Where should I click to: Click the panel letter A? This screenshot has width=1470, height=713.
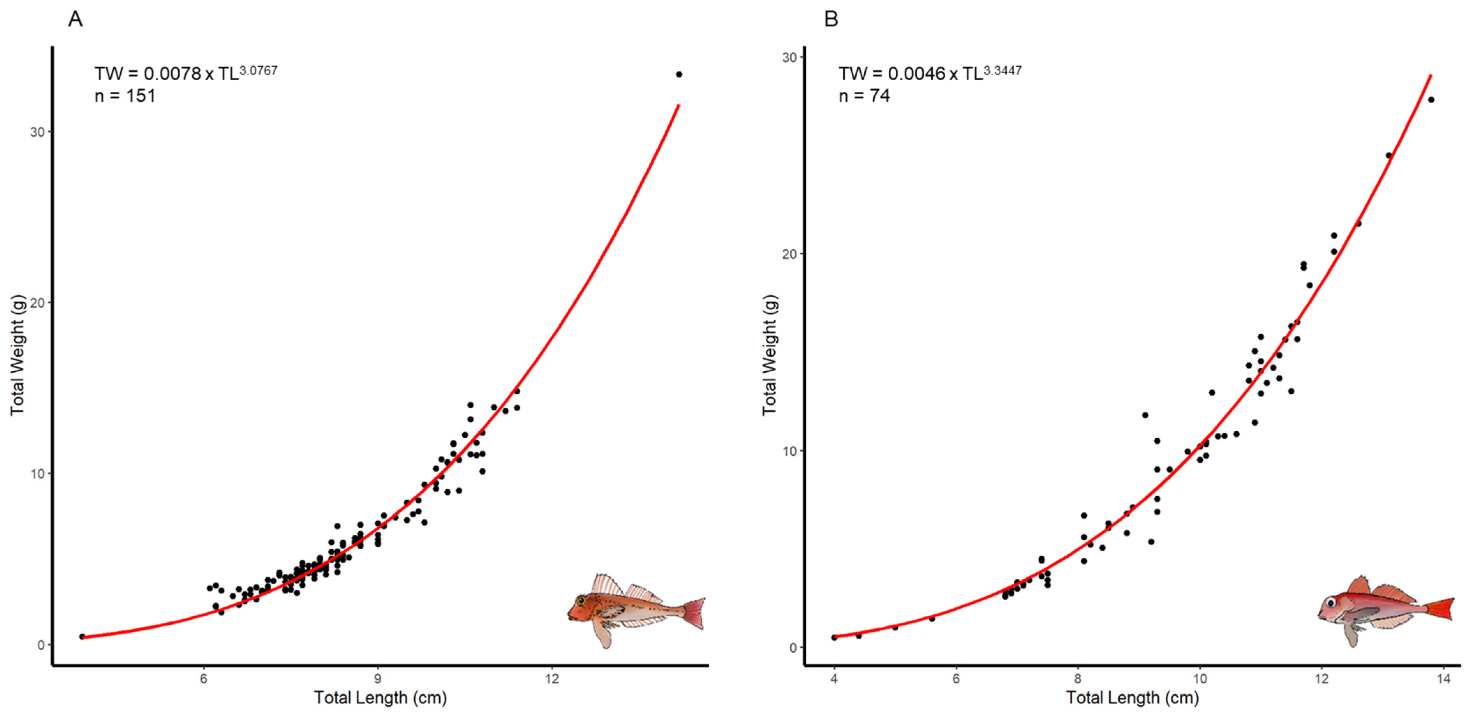[75, 20]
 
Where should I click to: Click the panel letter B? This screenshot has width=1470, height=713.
[831, 20]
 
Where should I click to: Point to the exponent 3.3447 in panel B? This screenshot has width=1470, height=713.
[1003, 70]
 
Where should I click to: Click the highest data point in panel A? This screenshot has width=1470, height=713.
[679, 74]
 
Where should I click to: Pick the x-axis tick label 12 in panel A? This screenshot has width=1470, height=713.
[552, 679]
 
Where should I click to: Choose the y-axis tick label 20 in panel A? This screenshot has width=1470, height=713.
[37, 303]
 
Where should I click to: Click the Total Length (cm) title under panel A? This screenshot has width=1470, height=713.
[380, 698]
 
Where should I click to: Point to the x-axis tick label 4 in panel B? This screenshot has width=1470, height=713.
[834, 679]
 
